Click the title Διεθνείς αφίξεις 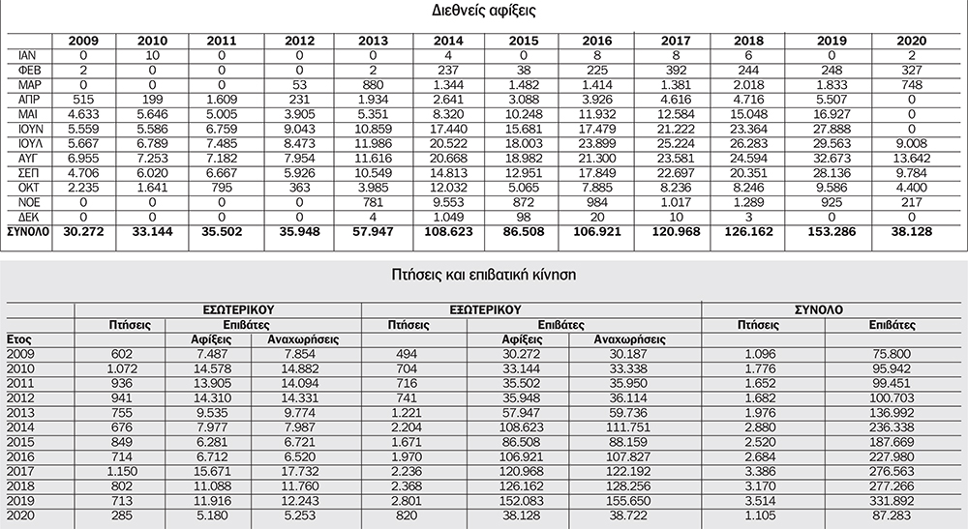(484, 13)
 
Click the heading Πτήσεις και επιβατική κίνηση (484, 274)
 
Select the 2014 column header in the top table (449, 41)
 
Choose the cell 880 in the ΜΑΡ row (373, 84)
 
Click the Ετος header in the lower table (21, 339)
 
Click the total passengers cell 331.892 (879, 502)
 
